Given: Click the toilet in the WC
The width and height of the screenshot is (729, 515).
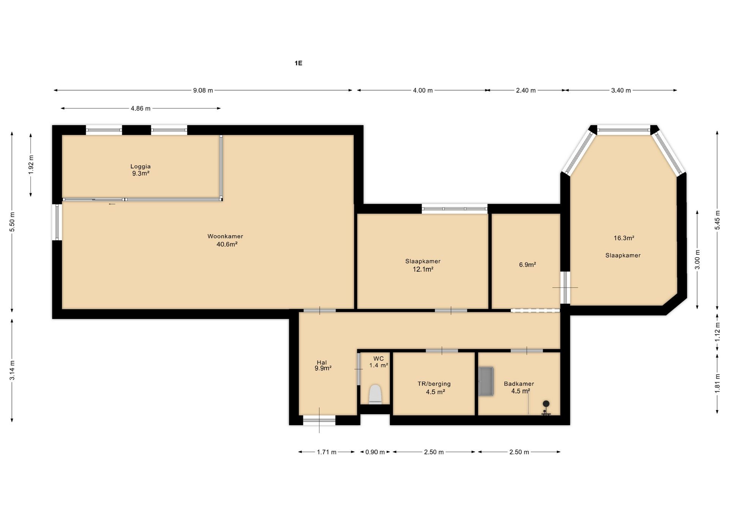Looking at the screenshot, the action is [375, 394].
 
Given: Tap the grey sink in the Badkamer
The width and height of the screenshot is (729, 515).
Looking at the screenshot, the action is [486, 381].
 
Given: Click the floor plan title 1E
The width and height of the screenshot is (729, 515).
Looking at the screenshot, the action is [298, 63].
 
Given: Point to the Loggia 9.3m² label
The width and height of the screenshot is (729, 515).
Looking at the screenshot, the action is [140, 170].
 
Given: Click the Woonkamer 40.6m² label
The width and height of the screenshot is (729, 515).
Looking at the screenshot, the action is [226, 240].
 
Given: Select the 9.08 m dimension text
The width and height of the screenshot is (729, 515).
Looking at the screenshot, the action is [203, 90].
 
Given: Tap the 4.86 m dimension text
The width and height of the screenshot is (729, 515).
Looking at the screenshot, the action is [140, 108].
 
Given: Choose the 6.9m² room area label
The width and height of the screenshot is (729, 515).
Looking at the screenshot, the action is [527, 265].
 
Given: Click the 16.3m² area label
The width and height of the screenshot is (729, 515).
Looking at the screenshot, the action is [624, 238].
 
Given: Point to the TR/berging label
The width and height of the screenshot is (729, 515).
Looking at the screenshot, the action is [434, 384].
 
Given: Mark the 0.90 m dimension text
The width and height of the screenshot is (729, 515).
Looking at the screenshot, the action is [375, 452].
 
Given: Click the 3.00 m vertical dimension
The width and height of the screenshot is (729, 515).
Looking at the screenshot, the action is [697, 260].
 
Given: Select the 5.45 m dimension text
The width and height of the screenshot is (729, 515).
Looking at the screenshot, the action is [717, 220].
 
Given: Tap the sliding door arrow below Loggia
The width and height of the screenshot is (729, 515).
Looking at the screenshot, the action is [112, 204].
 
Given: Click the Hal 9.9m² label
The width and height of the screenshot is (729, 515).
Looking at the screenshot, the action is [323, 365].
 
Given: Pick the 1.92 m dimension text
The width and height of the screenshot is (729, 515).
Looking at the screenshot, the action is [31, 165].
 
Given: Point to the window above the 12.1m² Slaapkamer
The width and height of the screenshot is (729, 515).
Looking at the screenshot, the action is [454, 209].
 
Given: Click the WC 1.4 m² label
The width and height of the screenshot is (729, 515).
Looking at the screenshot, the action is [379, 362].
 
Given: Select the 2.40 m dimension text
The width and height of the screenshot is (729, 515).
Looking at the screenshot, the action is [526, 90].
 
